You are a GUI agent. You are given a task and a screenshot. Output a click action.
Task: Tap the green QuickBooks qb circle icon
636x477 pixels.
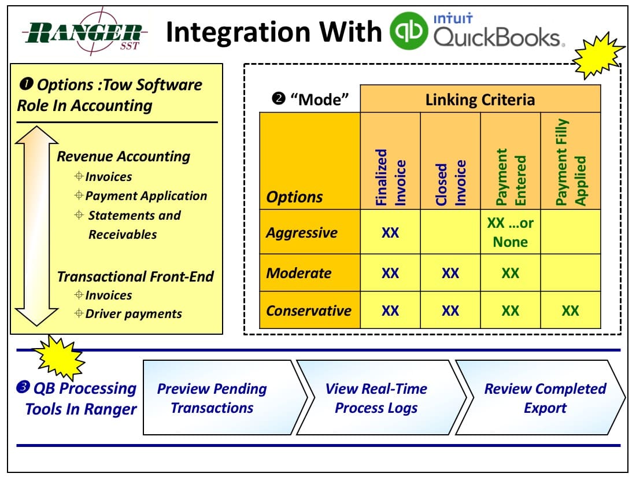click(409, 32)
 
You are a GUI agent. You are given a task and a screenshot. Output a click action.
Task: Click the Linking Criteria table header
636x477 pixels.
click(480, 99)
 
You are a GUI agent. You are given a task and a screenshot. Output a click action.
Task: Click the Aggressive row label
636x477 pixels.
click(302, 232)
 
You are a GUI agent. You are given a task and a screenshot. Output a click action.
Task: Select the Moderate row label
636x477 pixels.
click(299, 272)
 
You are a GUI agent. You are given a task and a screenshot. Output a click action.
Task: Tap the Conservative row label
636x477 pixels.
click(309, 310)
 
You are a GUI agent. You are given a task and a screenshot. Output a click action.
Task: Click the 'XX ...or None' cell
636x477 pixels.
click(510, 232)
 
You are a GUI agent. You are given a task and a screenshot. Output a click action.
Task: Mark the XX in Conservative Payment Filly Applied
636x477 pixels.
click(570, 311)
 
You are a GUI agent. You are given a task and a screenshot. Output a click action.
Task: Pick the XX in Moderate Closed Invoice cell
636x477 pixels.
click(450, 273)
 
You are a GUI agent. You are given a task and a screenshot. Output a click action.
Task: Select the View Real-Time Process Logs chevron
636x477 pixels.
click(376, 398)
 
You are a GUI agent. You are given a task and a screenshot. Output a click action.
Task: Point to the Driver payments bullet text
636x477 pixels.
click(134, 314)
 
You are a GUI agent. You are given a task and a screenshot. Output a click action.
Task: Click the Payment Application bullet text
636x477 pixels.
click(146, 196)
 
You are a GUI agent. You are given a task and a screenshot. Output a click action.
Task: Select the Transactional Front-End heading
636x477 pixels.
click(135, 276)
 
